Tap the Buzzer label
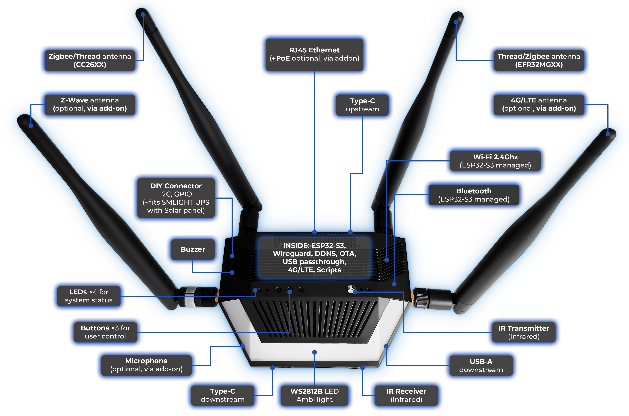[x=193, y=249]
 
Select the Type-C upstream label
[x=362, y=105]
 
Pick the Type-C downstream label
[x=222, y=395]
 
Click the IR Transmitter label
[x=524, y=332]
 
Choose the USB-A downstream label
[x=481, y=366]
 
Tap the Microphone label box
[x=146, y=365]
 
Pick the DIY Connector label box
[x=176, y=198]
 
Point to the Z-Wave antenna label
[x=90, y=104]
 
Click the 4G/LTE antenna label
[x=539, y=104]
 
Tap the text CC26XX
[x=90, y=65]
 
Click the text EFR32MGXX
[x=539, y=65]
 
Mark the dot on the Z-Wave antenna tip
[x=31, y=126]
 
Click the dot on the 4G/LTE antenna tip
[x=608, y=134]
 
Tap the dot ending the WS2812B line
[x=314, y=352]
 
